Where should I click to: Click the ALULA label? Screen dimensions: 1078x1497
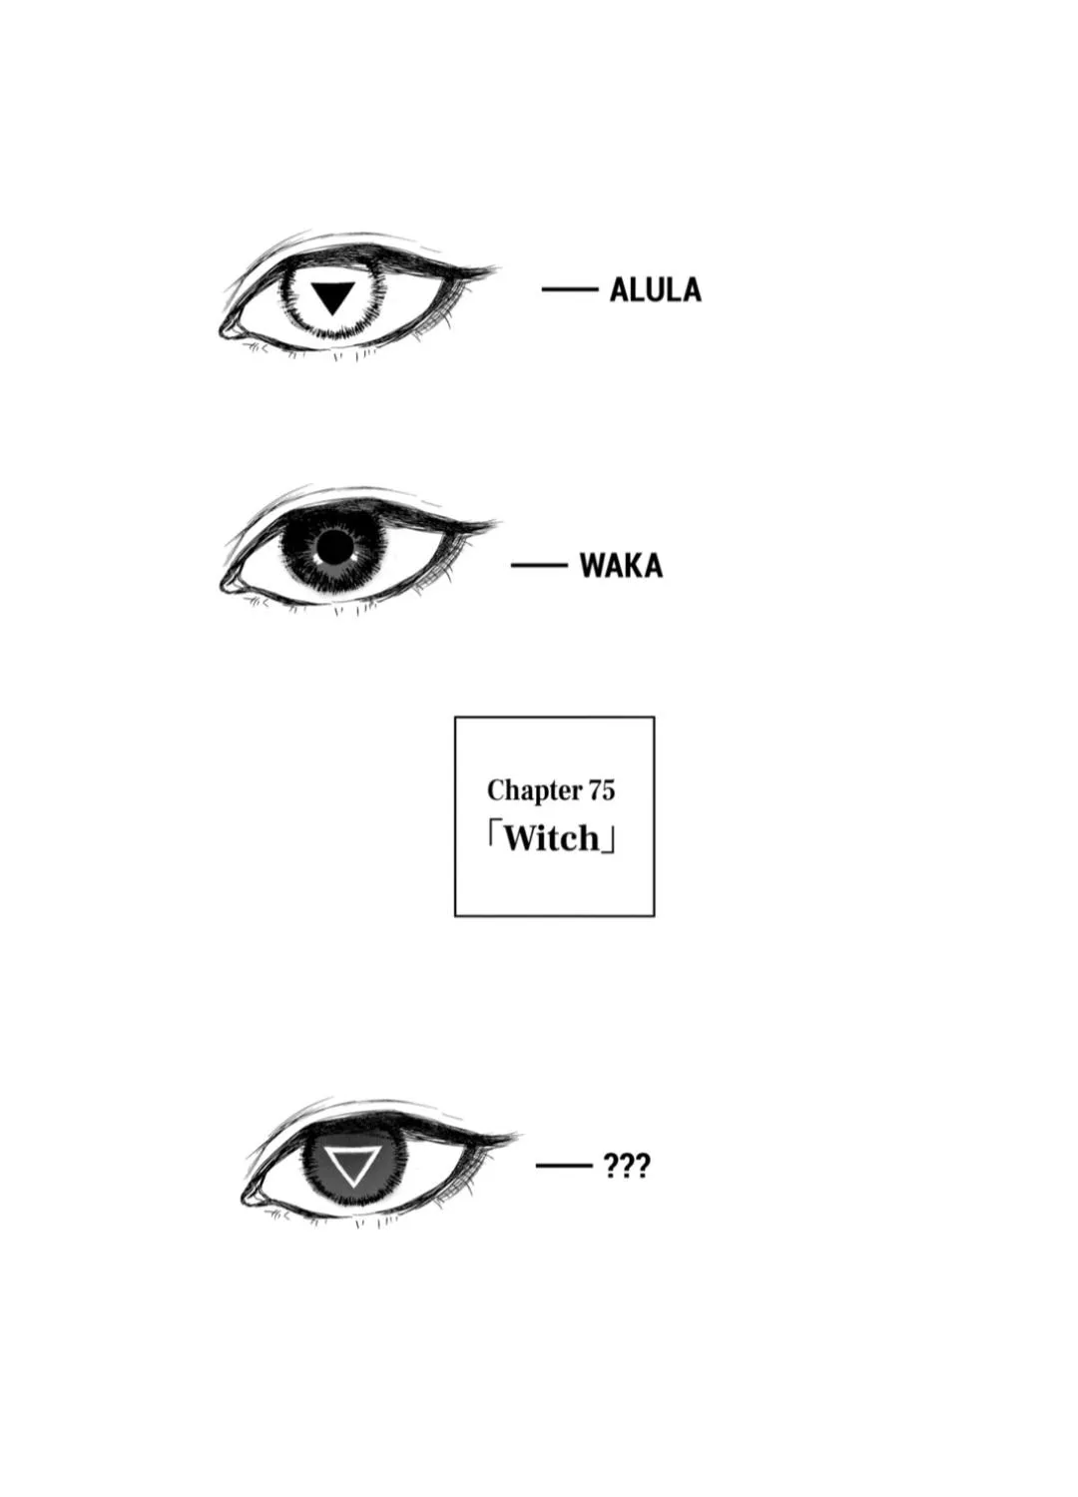pyautogui.click(x=655, y=290)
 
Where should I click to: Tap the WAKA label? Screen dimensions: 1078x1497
pyautogui.click(x=621, y=566)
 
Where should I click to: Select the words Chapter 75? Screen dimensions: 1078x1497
pyautogui.click(x=551, y=790)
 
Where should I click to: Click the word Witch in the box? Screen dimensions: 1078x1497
pyautogui.click(x=551, y=838)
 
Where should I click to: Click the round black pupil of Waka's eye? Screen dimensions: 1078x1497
pyautogui.click(x=333, y=548)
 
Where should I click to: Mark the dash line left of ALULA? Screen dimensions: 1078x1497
pyautogui.click(x=569, y=290)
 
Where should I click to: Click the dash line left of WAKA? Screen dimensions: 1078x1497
pyautogui.click(x=539, y=566)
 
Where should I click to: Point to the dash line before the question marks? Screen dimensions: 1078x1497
pyautogui.click(x=564, y=1167)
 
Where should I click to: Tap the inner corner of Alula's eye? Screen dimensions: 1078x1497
pyautogui.click(x=222, y=331)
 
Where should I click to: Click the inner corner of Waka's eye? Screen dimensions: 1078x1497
pyautogui.click(x=222, y=586)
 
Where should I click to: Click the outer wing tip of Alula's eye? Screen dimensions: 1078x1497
pyautogui.click(x=498, y=268)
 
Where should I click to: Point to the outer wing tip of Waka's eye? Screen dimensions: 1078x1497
pyautogui.click(x=498, y=522)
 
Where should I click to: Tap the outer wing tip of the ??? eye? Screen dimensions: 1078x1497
pyautogui.click(x=519, y=1135)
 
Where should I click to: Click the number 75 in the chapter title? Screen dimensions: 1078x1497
pyautogui.click(x=602, y=790)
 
